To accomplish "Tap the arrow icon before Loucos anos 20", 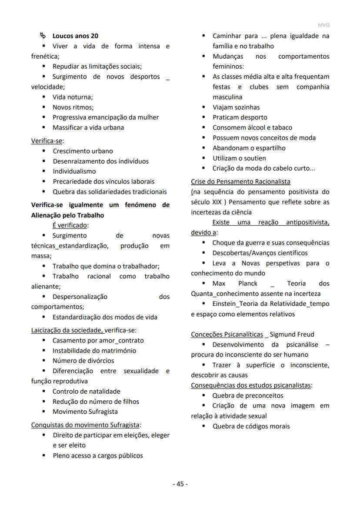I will pos(43,36).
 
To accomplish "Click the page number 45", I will pos(180,484).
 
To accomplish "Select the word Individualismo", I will pos(74,171).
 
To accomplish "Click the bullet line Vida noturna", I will pos(73,97).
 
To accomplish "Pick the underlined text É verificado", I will pos(70,225).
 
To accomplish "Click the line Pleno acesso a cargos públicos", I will pos(97,455).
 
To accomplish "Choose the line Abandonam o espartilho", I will pos(249,148).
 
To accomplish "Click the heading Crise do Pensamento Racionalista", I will pos(240,181).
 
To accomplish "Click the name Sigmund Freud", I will pos(292,335).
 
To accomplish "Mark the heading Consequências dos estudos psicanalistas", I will pos(251,385).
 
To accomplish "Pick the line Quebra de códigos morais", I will pos(251,426).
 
